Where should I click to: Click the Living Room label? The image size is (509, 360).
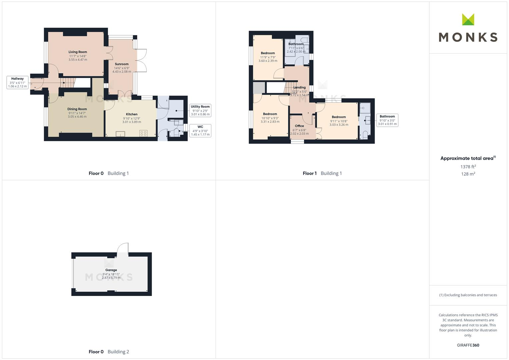coord(78,52)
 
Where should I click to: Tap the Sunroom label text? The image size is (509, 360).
coord(122,64)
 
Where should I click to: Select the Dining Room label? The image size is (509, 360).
coord(77,109)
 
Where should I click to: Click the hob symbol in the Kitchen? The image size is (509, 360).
coord(143,133)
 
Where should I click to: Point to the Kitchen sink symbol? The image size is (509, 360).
coord(120,134)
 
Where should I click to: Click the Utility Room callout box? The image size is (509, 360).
coord(200,110)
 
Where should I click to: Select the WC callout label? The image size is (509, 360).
coord(200,131)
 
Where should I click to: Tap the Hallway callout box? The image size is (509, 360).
coord(17,82)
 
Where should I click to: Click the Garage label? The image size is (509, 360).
coord(111,270)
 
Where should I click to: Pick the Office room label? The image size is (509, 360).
coord(299,126)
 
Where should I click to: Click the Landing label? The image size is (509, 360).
coord(299,87)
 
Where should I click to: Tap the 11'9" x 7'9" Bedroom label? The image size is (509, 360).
coord(268,53)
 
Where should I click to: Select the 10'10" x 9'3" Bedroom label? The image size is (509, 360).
coord(270,114)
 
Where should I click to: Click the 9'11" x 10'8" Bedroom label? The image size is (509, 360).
coord(339,117)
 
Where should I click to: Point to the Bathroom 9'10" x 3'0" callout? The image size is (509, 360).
coord(387,120)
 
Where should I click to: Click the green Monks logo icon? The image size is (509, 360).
coord(468,20)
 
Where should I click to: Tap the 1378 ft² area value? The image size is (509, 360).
coord(468,167)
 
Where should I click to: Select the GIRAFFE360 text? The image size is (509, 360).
coord(468,345)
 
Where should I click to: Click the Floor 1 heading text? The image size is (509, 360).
coord(310,173)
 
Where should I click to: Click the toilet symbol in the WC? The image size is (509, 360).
coord(176,133)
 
